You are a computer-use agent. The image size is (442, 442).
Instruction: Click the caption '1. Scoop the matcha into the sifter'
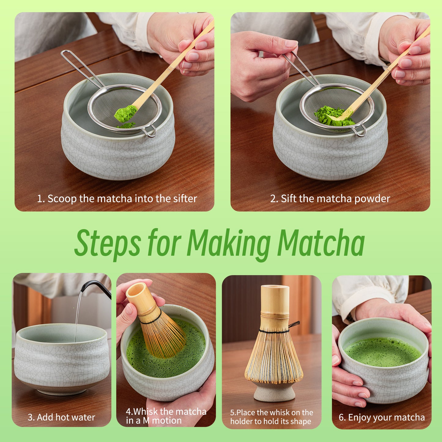[x=117, y=199]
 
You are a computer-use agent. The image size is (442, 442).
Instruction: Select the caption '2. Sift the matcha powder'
[x=330, y=199]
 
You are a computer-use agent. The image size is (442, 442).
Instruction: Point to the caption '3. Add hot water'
[x=61, y=417]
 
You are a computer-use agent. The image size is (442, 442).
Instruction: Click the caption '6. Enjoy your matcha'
[x=381, y=418]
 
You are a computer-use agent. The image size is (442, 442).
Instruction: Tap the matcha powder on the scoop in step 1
[x=126, y=113]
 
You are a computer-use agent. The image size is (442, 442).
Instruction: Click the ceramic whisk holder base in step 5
[x=274, y=393]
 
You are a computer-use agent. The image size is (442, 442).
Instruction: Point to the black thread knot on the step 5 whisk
[x=294, y=325]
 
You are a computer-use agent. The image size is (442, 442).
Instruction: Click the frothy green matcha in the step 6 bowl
[x=382, y=352]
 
